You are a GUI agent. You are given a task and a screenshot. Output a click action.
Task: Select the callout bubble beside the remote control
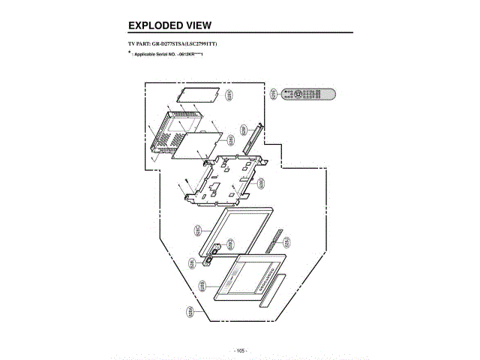tap(274, 93)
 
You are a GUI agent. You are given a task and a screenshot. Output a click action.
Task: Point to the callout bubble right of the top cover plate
tap(229, 95)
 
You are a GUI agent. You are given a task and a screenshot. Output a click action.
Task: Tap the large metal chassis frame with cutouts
tap(224, 179)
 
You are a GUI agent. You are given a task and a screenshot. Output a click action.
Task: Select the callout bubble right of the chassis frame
tap(262, 182)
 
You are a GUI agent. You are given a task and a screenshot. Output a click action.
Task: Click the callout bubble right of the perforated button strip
tap(287, 242)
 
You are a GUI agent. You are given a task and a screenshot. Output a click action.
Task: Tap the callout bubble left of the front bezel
tap(202, 286)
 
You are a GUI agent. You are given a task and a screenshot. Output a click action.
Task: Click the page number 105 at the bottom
tap(240, 350)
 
